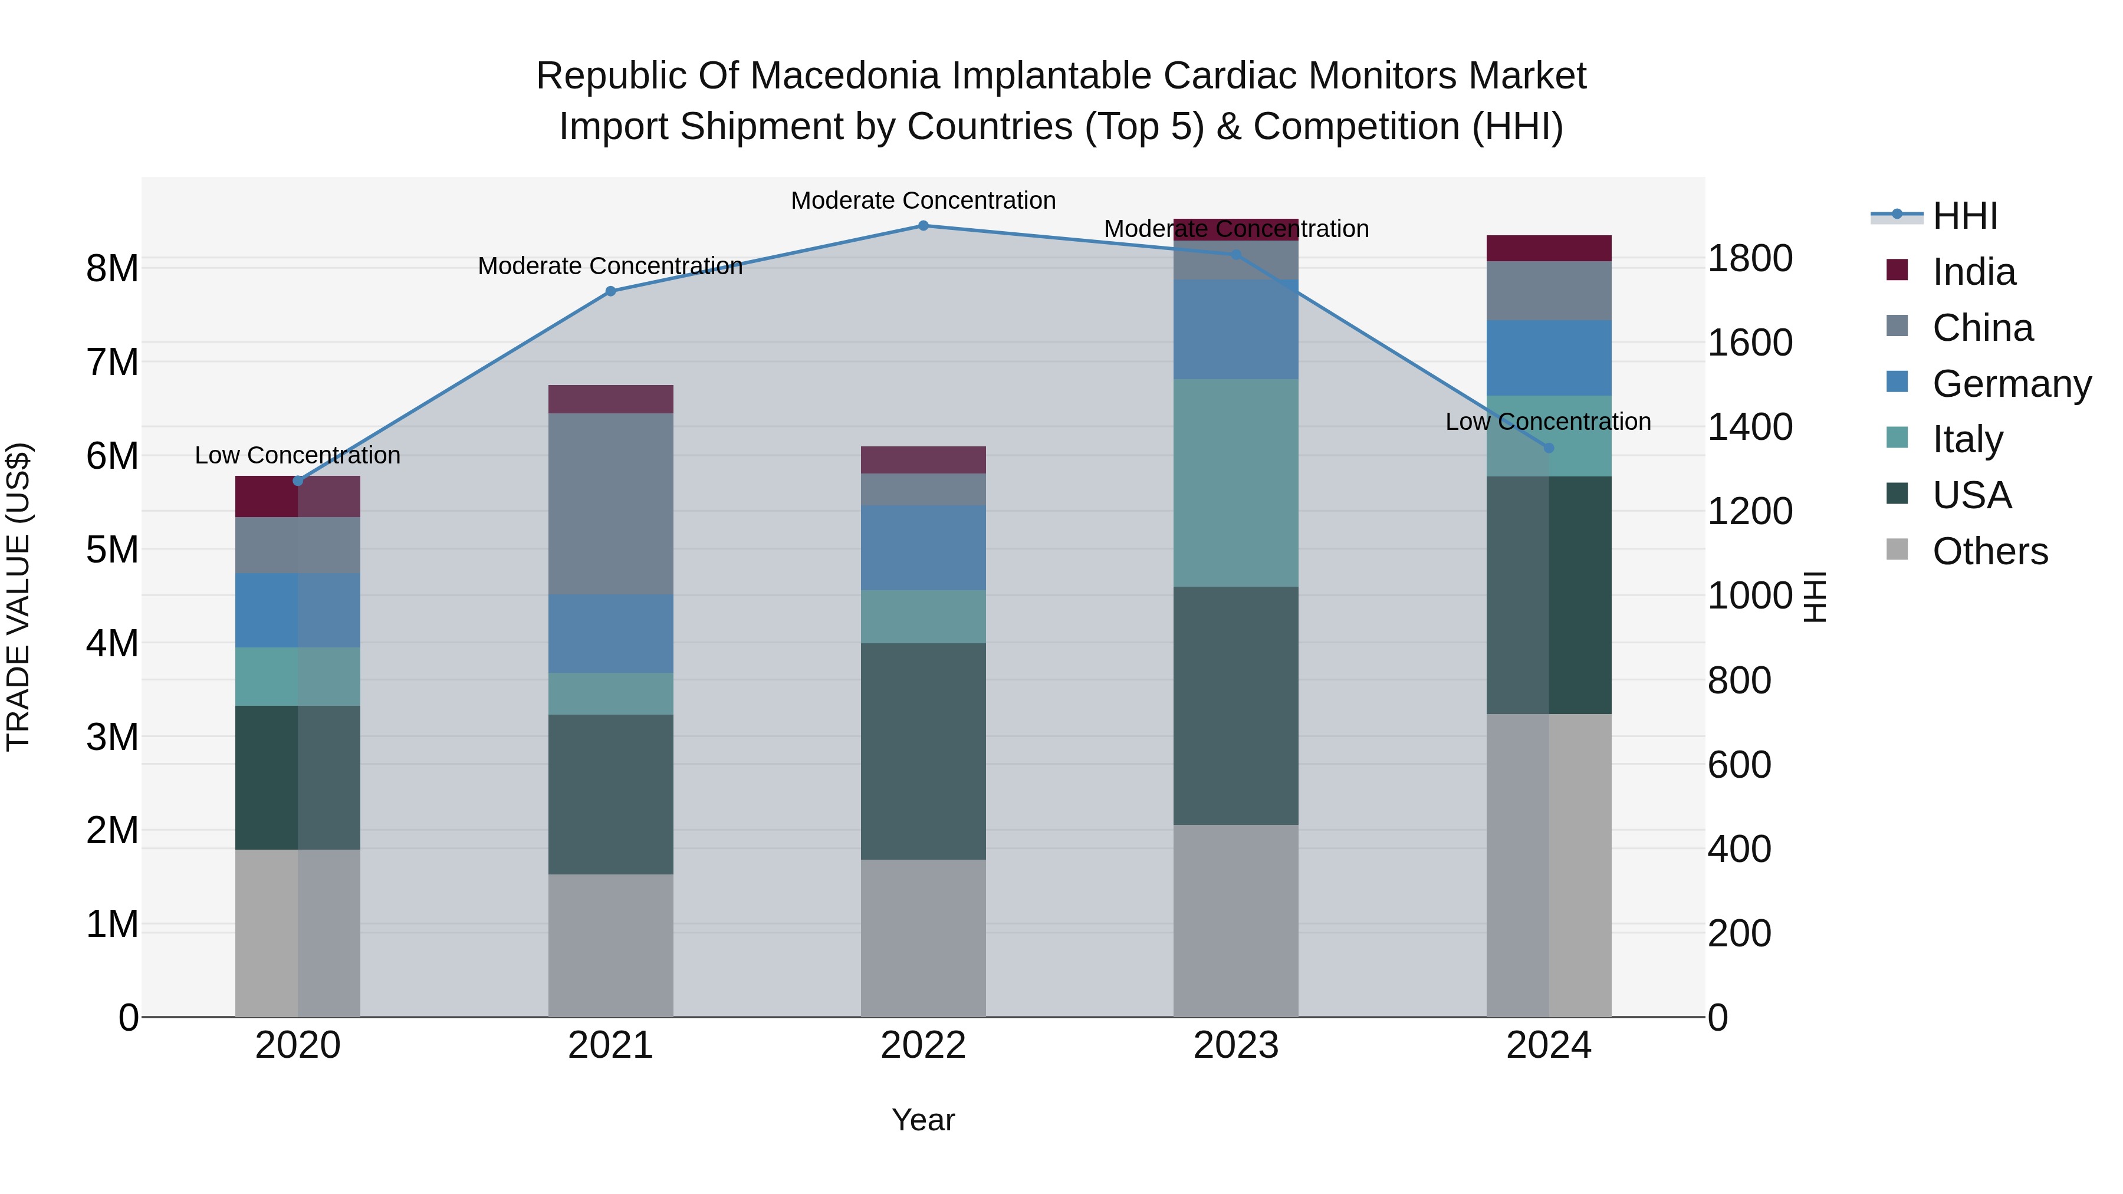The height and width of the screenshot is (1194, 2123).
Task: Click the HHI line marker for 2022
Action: [923, 226]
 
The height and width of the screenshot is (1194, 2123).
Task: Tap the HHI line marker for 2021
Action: [611, 291]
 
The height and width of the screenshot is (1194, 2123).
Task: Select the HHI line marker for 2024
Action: [1549, 448]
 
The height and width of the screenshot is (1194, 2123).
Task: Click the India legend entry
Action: [1973, 272]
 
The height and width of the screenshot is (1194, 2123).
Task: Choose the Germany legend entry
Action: [2010, 384]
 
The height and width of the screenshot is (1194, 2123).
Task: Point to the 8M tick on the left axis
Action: [112, 269]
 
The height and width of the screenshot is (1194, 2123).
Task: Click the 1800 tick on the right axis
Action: [1750, 259]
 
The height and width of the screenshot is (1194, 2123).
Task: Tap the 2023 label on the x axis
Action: [1235, 1045]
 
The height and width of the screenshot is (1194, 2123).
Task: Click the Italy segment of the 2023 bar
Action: [1235, 483]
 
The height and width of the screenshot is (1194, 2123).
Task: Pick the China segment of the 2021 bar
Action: [611, 504]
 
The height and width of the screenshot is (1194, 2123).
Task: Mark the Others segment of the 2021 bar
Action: [611, 945]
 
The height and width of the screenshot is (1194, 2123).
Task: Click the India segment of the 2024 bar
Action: [1549, 248]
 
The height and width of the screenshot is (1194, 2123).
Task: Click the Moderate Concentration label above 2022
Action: [923, 200]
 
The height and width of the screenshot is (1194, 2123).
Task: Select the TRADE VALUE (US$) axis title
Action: [18, 597]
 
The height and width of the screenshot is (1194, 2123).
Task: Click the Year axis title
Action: [923, 1120]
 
